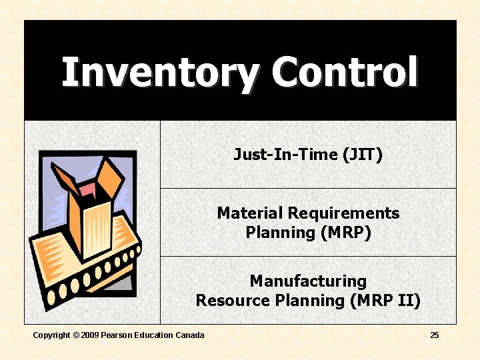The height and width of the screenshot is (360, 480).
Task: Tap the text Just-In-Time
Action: (x=285, y=155)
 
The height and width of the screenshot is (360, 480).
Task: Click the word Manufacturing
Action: (x=308, y=281)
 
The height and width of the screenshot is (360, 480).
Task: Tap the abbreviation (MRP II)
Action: (x=385, y=301)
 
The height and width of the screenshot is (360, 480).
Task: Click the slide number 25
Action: (x=435, y=335)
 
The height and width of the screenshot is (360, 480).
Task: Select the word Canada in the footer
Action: (x=190, y=335)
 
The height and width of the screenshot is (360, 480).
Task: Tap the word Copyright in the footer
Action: (x=51, y=335)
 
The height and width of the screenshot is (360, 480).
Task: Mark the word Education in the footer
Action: (x=153, y=335)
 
